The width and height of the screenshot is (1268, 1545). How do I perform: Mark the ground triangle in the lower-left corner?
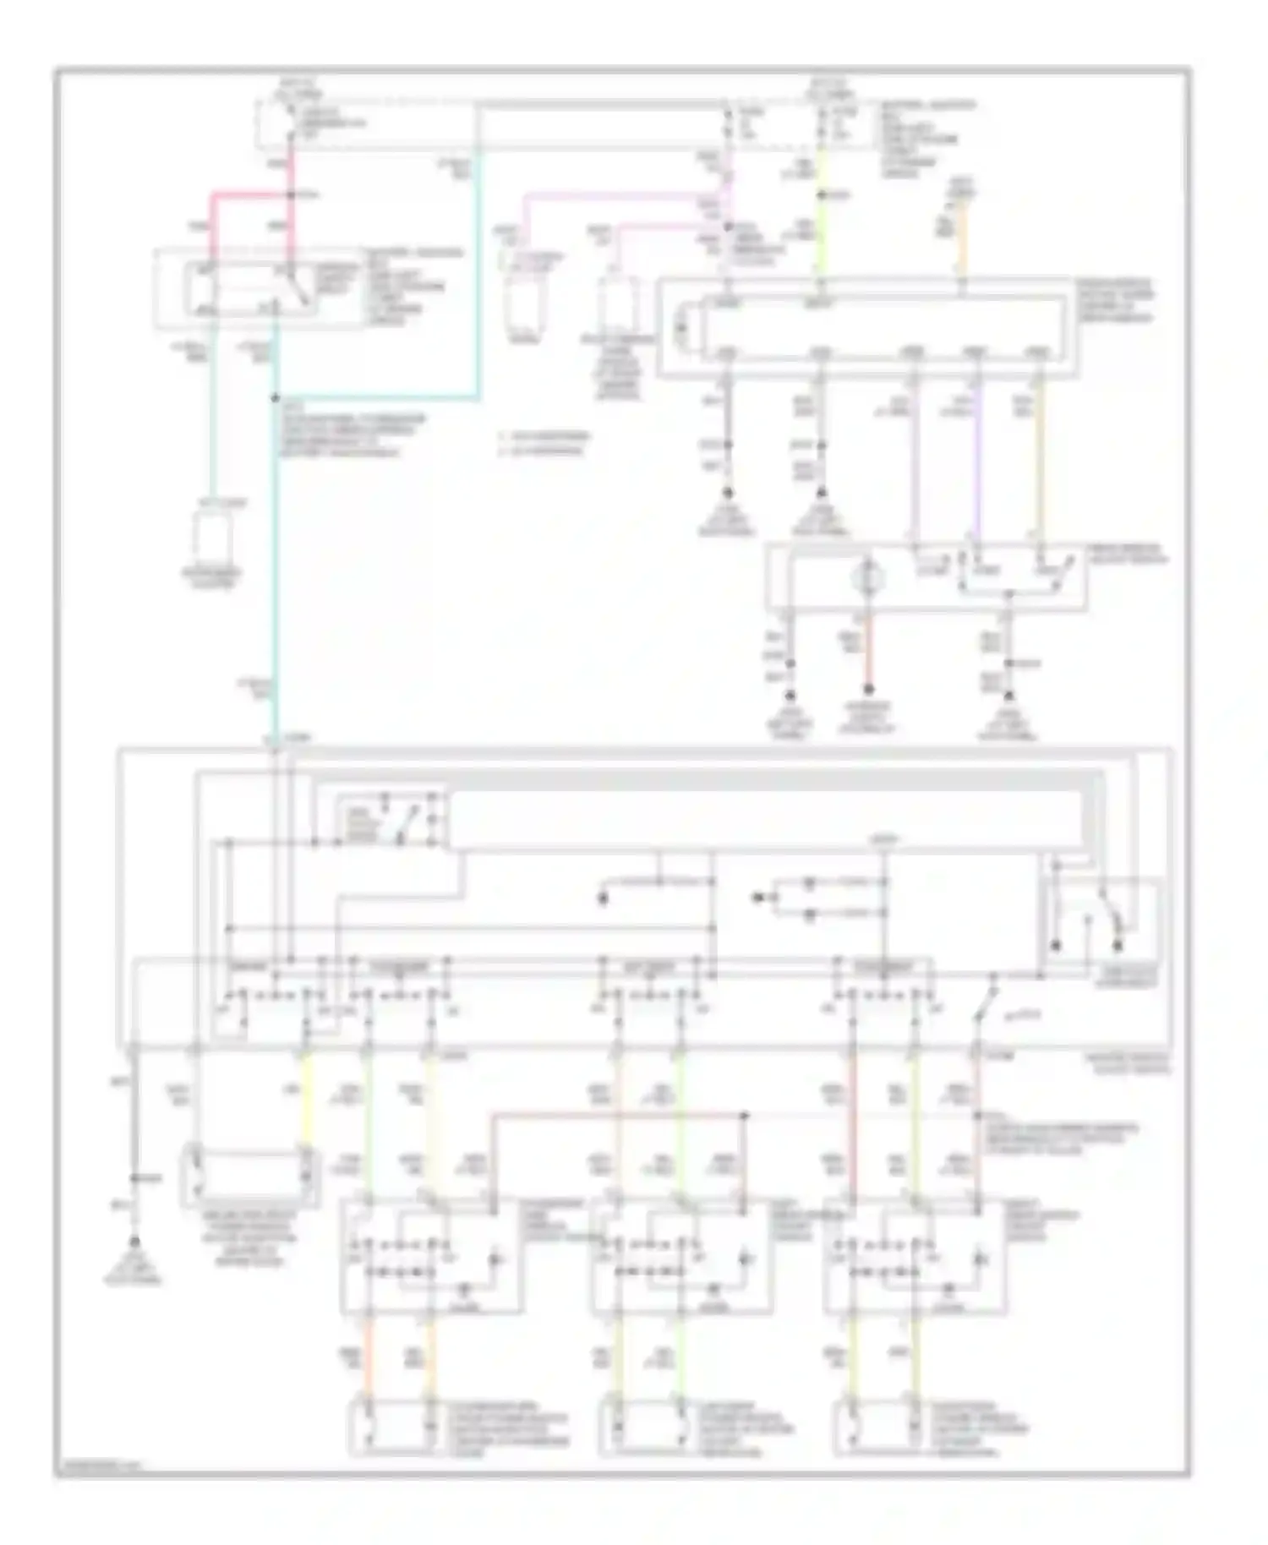134,1242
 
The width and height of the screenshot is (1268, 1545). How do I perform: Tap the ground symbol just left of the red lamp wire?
790,696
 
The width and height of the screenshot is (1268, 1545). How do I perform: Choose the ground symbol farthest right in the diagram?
1008,696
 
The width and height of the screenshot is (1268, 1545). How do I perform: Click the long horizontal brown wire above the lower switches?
617,1115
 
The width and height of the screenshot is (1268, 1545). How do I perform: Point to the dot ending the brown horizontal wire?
745,1115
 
